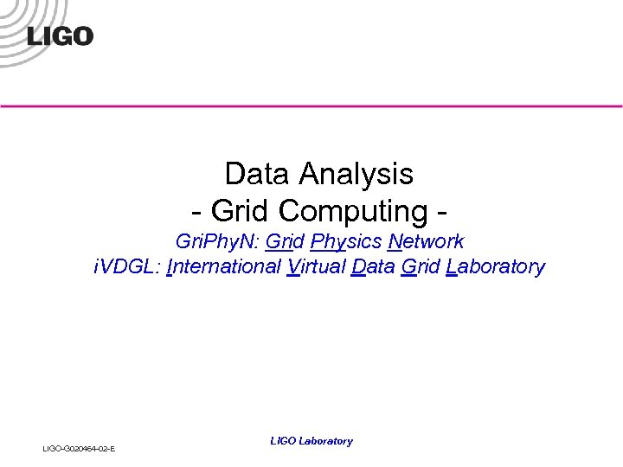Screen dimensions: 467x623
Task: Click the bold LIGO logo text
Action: click(60, 36)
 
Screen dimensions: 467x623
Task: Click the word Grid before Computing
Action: click(241, 210)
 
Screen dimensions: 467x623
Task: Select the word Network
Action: click(427, 242)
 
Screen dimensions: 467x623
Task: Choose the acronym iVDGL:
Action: click(124, 266)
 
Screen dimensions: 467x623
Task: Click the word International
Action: click(222, 266)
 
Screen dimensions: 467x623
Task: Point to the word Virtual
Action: click(315, 266)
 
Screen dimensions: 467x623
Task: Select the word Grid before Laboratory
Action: click(421, 266)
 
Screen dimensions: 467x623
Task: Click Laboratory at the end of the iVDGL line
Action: click(495, 266)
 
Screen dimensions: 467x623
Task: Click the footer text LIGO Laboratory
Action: click(311, 441)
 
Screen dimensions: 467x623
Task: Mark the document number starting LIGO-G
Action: click(79, 448)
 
